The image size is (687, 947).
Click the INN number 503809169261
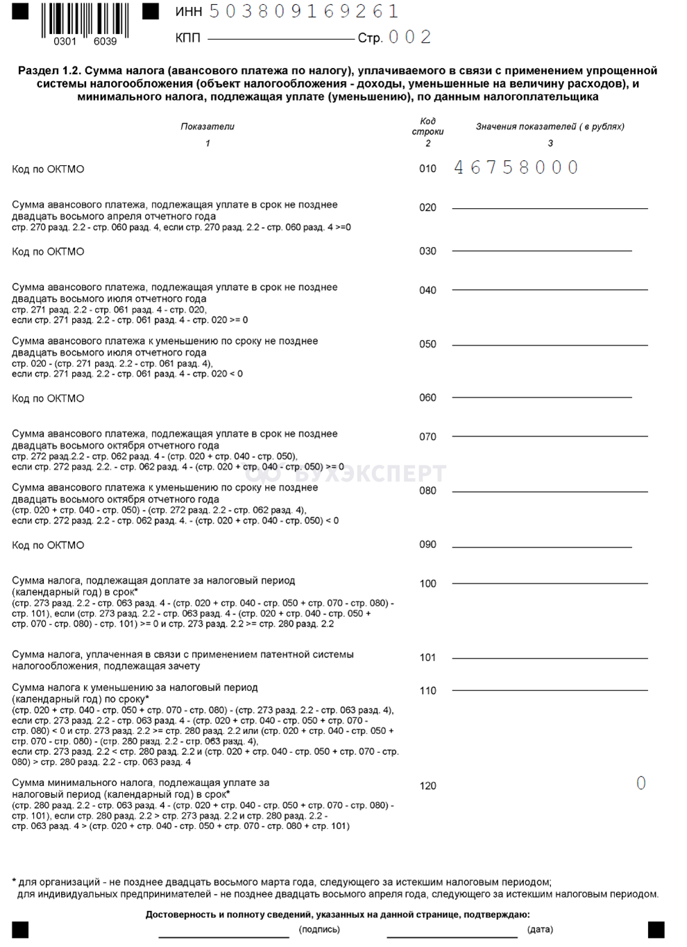(304, 12)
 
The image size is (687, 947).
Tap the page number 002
(410, 37)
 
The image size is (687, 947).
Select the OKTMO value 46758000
(516, 167)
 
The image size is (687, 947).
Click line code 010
(428, 169)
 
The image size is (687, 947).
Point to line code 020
(428, 207)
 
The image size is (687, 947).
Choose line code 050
(428, 344)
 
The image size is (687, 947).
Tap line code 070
(428, 437)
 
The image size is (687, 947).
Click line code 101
(428, 658)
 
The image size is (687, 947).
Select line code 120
(428, 786)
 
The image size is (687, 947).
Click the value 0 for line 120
(641, 783)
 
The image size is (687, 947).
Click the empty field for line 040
(550, 284)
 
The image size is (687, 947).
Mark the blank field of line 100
(550, 578)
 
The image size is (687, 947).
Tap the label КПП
(188, 38)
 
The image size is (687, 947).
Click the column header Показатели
(207, 126)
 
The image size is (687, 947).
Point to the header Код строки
(428, 126)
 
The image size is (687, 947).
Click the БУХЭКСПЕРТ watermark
(347, 473)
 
